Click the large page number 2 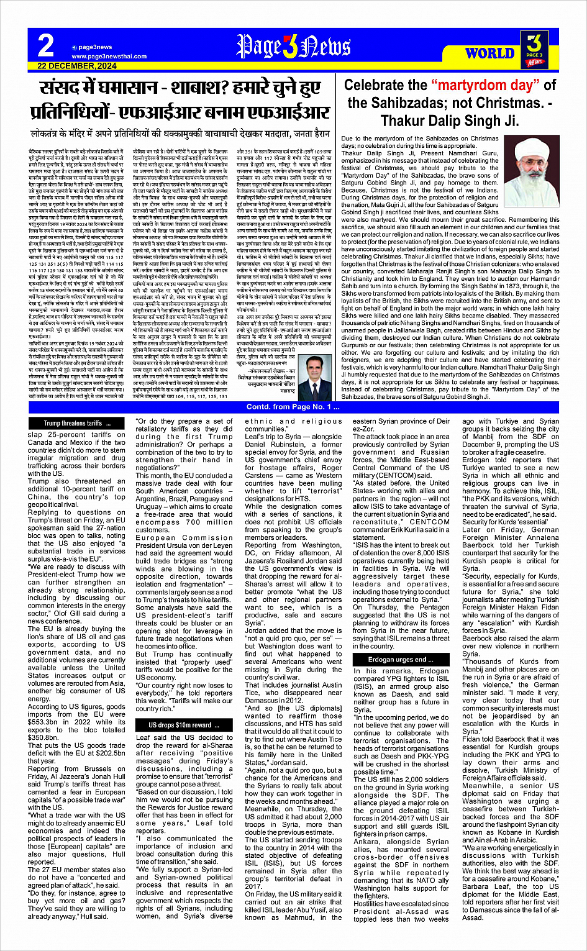45,45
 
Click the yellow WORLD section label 489,53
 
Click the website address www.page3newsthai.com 101,56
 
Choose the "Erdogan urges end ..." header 401,660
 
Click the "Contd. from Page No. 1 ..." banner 293,407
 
